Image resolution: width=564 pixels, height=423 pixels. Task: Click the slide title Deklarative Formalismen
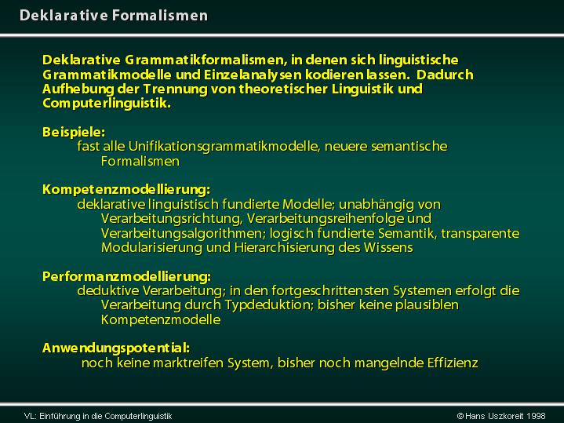[x=114, y=16]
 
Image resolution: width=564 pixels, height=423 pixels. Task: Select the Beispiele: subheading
[x=74, y=132]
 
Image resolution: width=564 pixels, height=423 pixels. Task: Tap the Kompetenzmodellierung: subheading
[x=126, y=190]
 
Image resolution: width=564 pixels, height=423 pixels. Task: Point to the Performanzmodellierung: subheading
[x=126, y=276]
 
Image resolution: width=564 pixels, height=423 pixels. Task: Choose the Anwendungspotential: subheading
[x=116, y=348]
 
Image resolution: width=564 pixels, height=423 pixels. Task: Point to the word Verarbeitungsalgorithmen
[x=183, y=233]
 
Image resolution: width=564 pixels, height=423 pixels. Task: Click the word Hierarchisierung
[x=284, y=248]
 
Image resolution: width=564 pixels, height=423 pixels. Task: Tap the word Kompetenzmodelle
[x=161, y=319]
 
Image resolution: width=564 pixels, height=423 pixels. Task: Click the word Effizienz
[x=453, y=363]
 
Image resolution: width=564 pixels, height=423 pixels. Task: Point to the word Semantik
[x=406, y=233]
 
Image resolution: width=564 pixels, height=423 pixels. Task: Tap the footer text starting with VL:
[x=98, y=417]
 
